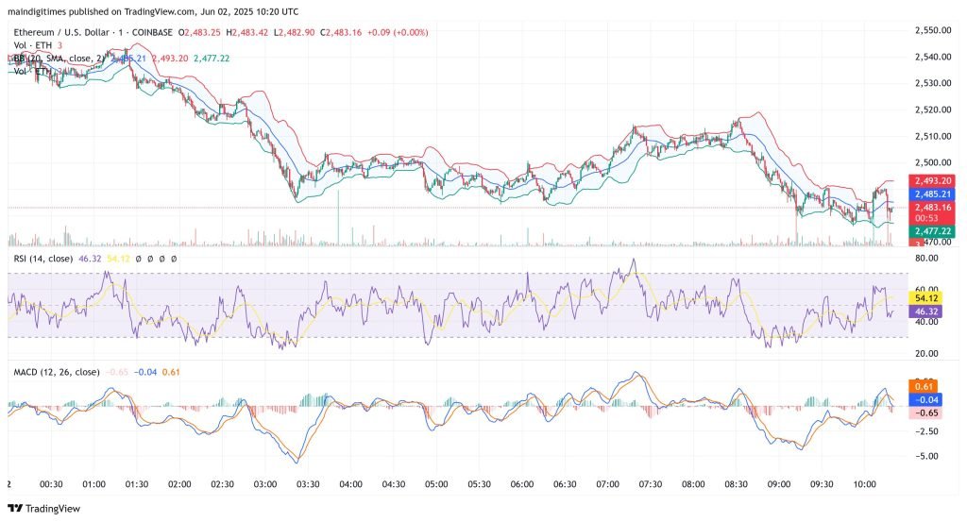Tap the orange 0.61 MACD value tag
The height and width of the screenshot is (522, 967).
[x=925, y=385]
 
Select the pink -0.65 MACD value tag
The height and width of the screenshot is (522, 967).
[x=925, y=413]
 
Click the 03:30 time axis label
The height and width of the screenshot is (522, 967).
[x=308, y=483]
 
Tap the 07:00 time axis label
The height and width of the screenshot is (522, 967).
[x=607, y=483]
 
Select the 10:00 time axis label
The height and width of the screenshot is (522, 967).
[x=864, y=483]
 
